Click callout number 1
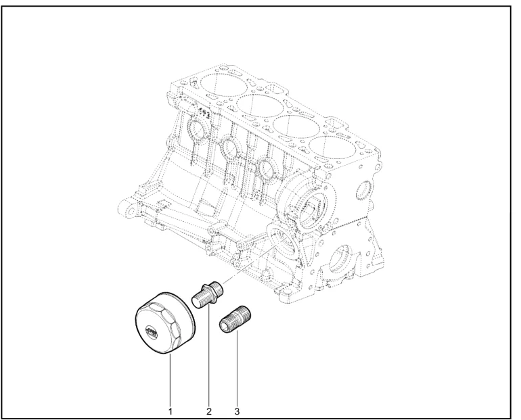pos(170,412)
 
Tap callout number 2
pos(208,412)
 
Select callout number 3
pos(237,412)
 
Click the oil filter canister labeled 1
pos(165,323)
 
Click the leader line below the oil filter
pos(170,381)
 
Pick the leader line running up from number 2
pos(209,354)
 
